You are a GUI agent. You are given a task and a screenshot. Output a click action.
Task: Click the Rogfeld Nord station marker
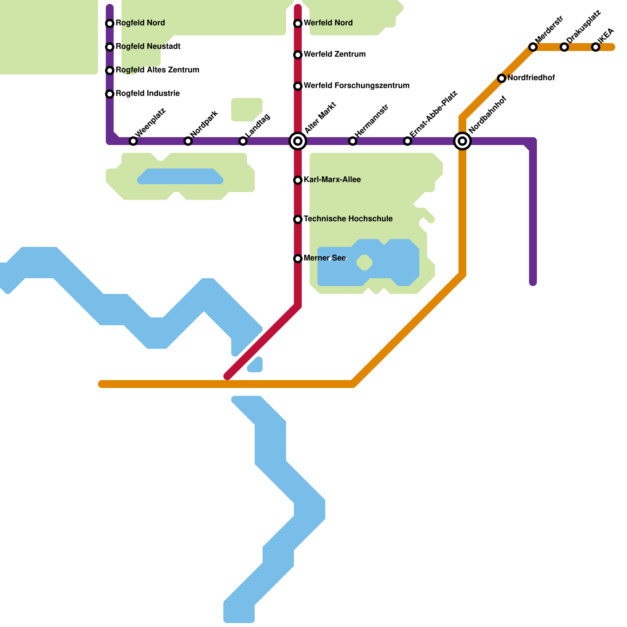(110, 24)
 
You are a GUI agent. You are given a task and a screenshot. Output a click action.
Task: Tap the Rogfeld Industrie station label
(147, 94)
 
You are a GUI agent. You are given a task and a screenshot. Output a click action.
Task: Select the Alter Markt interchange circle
(298, 141)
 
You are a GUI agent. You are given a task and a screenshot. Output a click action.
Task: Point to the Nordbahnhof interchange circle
(462, 141)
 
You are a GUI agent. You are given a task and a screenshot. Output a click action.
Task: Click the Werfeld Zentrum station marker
(298, 55)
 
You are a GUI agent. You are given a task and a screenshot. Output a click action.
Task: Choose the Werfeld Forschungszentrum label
(356, 86)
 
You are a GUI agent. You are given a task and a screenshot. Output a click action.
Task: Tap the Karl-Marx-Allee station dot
(298, 180)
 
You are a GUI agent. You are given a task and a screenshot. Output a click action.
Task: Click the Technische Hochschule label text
(348, 219)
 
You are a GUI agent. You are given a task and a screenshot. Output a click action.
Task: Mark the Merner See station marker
(298, 259)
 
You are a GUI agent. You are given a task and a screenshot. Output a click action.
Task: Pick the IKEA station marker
(596, 47)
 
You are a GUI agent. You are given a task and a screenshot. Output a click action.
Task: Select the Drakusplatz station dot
(564, 47)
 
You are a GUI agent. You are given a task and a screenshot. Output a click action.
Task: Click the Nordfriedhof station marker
(502, 78)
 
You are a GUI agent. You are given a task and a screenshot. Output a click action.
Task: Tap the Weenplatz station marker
(133, 141)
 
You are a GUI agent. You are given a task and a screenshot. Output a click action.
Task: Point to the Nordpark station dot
(188, 141)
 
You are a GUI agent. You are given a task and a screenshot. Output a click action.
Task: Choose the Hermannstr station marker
(353, 141)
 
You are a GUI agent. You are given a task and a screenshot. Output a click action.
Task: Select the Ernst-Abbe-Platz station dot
(408, 141)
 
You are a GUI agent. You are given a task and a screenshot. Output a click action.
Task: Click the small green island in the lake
(364, 263)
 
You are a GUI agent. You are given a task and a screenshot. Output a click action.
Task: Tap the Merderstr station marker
(533, 47)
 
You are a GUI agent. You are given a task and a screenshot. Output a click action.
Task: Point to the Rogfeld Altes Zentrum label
(157, 70)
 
